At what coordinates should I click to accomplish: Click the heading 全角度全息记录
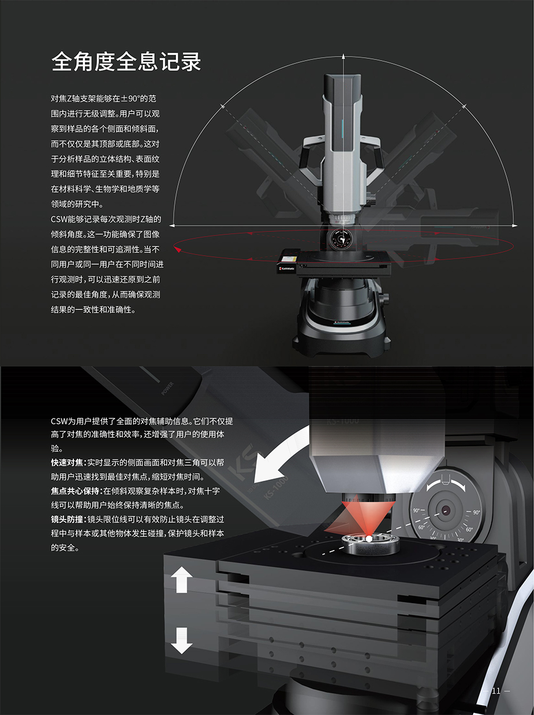(x=126, y=61)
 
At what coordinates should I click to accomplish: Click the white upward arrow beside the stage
(x=181, y=580)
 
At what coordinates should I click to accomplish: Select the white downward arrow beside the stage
(x=181, y=641)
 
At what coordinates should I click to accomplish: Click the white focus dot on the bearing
(x=369, y=539)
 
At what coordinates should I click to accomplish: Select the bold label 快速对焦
(x=67, y=463)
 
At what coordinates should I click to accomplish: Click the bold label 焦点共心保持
(x=75, y=491)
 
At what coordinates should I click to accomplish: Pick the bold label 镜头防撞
(x=67, y=519)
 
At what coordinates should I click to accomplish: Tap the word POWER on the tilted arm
(x=167, y=388)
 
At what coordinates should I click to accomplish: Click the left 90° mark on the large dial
(x=416, y=510)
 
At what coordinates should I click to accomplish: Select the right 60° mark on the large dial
(x=469, y=529)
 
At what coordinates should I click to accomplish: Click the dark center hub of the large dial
(x=445, y=510)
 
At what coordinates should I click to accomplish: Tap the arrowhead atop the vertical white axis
(x=343, y=56)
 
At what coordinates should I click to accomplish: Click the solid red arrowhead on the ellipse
(x=178, y=249)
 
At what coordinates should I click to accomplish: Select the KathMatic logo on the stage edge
(x=287, y=268)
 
